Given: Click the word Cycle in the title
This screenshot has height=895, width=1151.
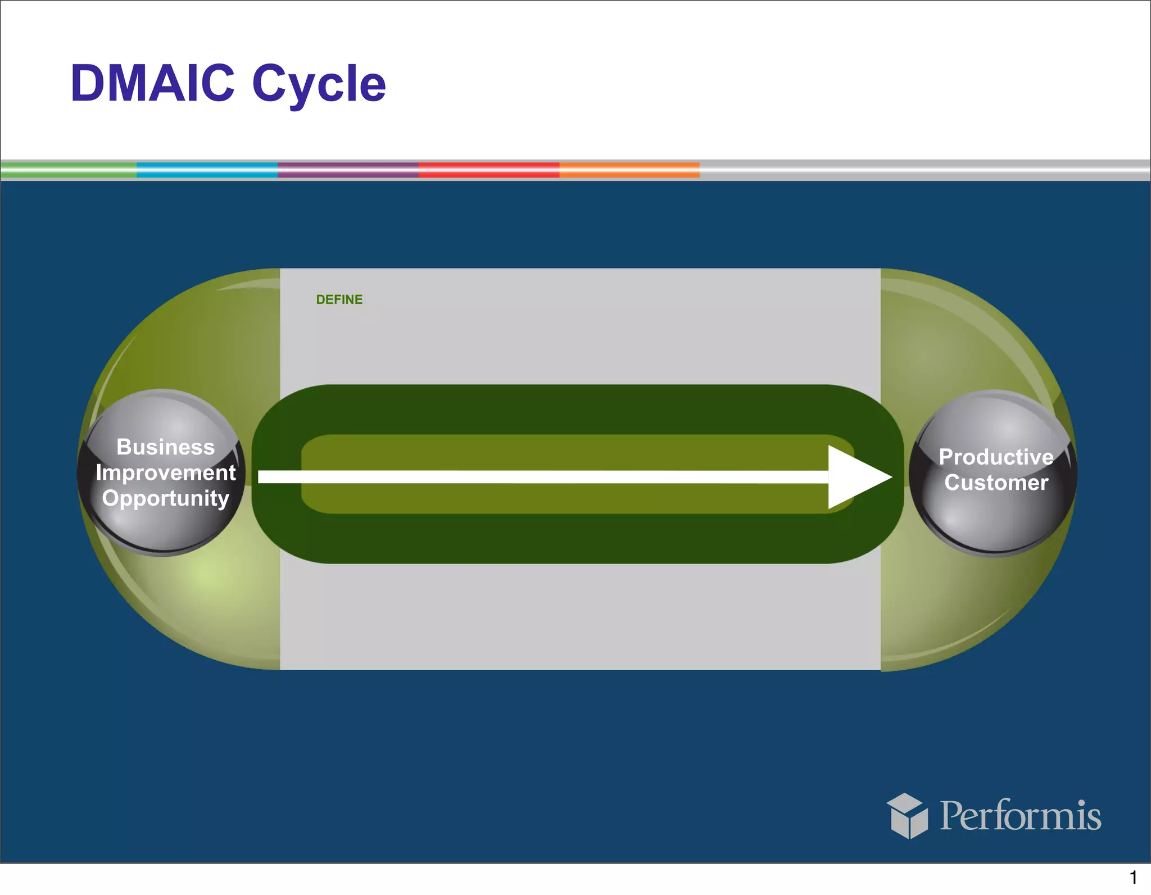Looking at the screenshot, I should (319, 84).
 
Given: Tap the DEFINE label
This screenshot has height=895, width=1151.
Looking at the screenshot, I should (339, 299).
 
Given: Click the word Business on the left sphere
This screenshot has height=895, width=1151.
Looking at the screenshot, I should (165, 447).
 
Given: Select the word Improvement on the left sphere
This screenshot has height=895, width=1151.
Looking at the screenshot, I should (165, 473).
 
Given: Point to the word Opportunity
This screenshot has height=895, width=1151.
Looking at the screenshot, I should (165, 498).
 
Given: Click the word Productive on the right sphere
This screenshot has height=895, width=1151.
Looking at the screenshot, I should (996, 457).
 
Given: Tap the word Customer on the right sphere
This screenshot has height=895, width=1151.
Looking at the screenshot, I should (996, 483).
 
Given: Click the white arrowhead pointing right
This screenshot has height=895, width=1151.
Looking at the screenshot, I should (854, 477).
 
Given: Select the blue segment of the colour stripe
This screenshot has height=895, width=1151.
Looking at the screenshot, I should (207, 170).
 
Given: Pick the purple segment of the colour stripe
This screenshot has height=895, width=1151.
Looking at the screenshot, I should (348, 170).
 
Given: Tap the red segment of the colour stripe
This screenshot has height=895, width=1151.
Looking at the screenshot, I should (489, 170).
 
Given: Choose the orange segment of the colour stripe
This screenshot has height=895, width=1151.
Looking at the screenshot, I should (629, 170).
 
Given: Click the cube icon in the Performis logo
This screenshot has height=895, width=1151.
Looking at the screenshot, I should (907, 816).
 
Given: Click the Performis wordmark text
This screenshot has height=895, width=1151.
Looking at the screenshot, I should (1020, 816).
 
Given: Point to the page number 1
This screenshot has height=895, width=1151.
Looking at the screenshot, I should (1133, 877).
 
